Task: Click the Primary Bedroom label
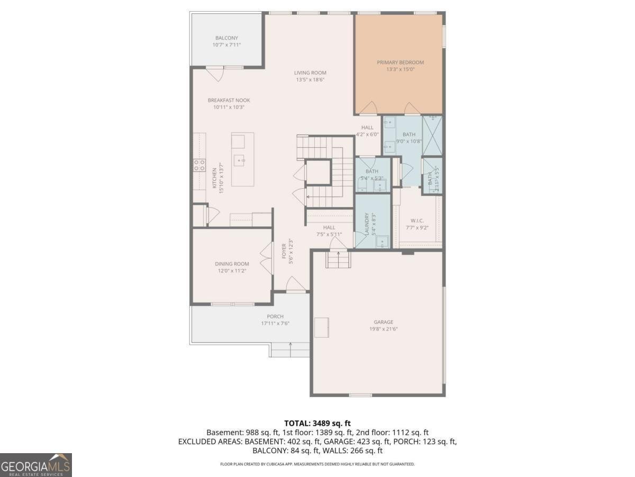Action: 400,62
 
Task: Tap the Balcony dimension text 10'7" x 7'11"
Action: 226,45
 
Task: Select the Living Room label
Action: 310,73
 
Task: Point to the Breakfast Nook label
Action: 229,100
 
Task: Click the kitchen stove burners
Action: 199,165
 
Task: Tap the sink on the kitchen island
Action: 239,160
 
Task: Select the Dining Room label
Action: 232,264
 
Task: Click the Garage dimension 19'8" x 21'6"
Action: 384,329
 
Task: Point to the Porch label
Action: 275,316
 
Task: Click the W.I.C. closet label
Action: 417,220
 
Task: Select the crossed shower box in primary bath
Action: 432,136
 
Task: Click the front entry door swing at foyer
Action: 295,284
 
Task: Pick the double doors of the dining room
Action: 267,258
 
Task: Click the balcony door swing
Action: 215,74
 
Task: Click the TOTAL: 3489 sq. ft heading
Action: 317,423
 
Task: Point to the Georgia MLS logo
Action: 36,465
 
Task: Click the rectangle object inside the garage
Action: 322,328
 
